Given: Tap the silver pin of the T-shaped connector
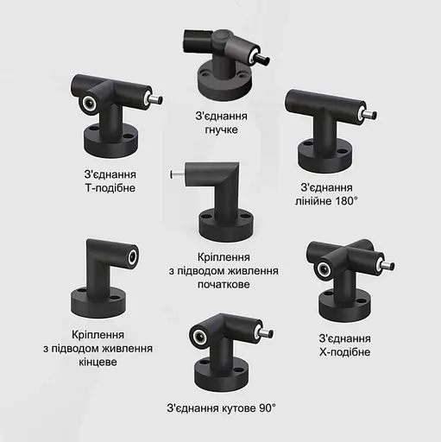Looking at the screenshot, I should (155, 101).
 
